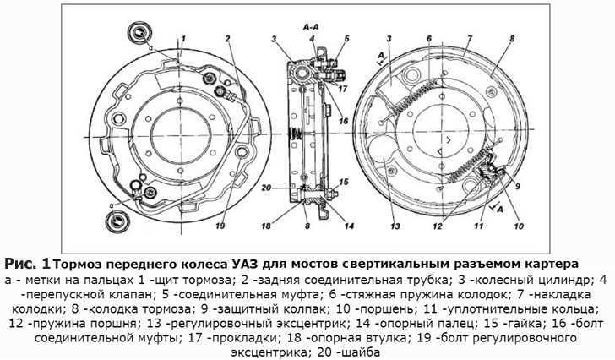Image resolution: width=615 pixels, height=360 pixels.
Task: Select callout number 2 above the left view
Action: click(x=229, y=37)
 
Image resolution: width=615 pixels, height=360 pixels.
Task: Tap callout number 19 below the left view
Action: click(x=221, y=226)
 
